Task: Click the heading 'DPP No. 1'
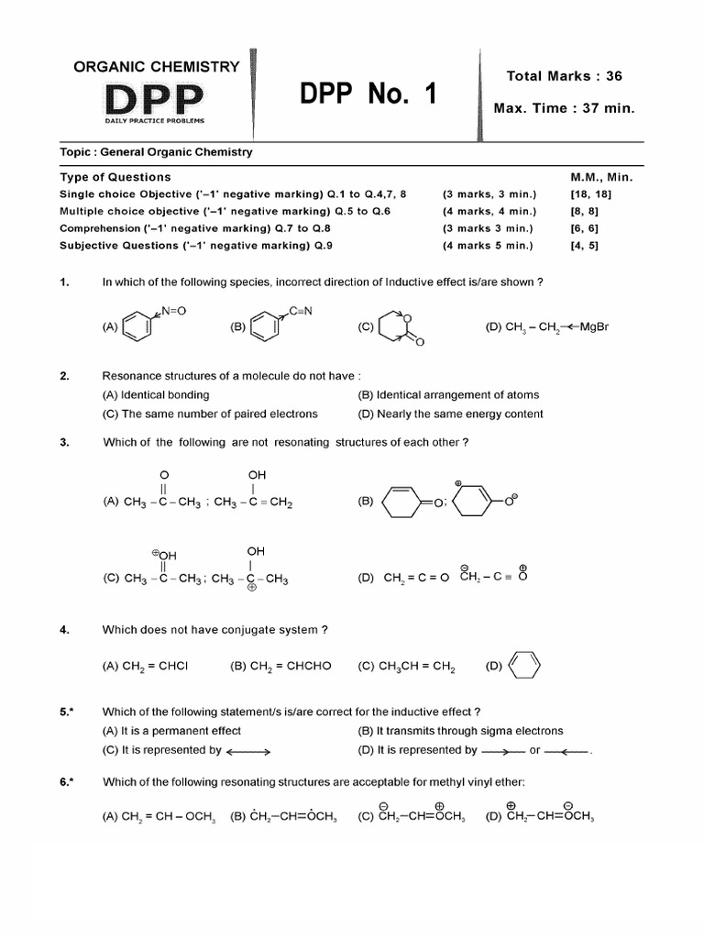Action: coord(368,94)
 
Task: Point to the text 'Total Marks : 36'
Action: coord(564,76)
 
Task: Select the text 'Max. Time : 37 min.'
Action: coord(564,108)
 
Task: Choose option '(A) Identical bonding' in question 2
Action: coord(156,395)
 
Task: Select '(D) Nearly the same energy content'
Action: coord(450,414)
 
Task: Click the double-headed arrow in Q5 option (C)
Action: coord(248,751)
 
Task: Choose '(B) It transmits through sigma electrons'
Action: coord(460,731)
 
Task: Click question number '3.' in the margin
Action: coord(65,442)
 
